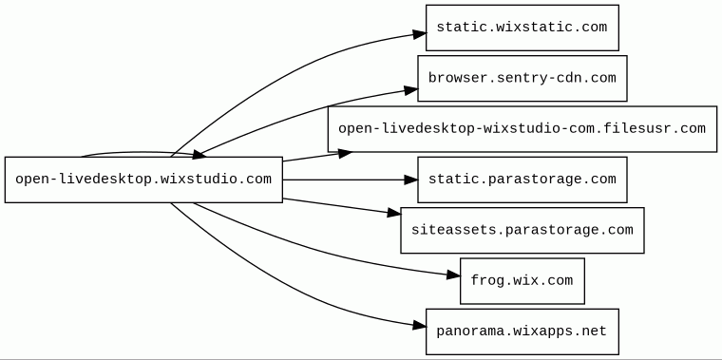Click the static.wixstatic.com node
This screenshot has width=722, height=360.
pyautogui.click(x=522, y=28)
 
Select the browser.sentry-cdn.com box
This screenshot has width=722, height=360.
pyautogui.click(x=522, y=78)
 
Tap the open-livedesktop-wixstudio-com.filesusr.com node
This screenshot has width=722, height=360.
pyautogui.click(x=522, y=129)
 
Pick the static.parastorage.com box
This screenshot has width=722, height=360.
pyautogui.click(x=522, y=180)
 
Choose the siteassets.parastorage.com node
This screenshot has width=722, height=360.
pyautogui.click(x=522, y=230)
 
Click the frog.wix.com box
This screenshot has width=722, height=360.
pyautogui.click(x=522, y=281)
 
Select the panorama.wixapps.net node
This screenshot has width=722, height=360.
pyautogui.click(x=522, y=332)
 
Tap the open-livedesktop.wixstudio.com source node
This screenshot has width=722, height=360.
pyautogui.click(x=143, y=180)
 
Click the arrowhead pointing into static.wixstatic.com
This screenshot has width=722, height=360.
pyautogui.click(x=420, y=34)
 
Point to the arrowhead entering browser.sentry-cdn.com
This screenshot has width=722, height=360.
pyautogui.click(x=411, y=90)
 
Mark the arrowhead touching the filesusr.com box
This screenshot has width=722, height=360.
pyautogui.click(x=345, y=153)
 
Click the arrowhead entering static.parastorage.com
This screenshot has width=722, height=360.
pyautogui.click(x=410, y=180)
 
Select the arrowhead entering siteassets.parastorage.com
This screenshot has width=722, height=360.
pyautogui.click(x=394, y=212)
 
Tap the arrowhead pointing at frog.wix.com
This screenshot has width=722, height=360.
pyautogui.click(x=453, y=275)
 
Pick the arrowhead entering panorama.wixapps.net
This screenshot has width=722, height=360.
pyautogui.click(x=420, y=326)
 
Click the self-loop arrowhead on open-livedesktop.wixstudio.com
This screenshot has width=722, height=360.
pyautogui.click(x=199, y=155)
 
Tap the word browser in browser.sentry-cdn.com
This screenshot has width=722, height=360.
pyautogui.click(x=453, y=78)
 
